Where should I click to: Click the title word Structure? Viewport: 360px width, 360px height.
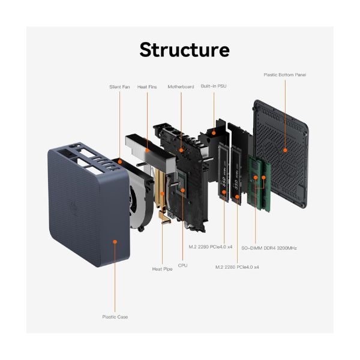tap(184, 50)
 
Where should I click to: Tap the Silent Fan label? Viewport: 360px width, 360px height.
tap(119, 87)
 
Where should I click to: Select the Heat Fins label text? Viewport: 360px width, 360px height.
tap(148, 87)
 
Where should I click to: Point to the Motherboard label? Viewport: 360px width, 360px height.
tap(181, 87)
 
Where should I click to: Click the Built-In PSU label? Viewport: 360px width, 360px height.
tap(214, 87)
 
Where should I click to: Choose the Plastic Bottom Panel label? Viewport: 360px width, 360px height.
tap(285, 75)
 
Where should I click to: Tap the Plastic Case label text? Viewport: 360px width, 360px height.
tap(115, 317)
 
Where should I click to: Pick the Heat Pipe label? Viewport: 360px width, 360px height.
tap(163, 269)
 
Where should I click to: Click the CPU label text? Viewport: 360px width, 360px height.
tap(182, 265)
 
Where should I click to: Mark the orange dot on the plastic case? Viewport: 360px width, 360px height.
tap(115, 239)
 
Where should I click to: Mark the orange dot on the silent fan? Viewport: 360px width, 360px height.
tap(119, 162)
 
